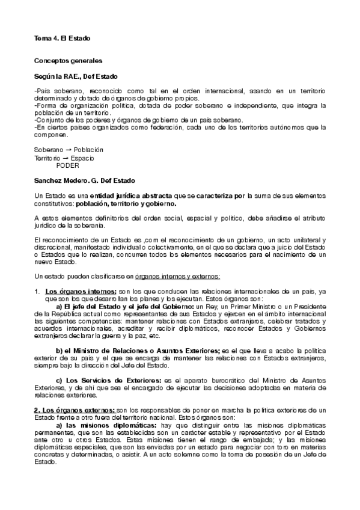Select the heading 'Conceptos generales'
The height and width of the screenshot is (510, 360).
tap(68, 61)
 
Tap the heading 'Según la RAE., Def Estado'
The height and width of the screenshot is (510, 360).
tap(76, 78)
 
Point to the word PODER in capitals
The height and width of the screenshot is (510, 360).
tap(67, 164)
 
